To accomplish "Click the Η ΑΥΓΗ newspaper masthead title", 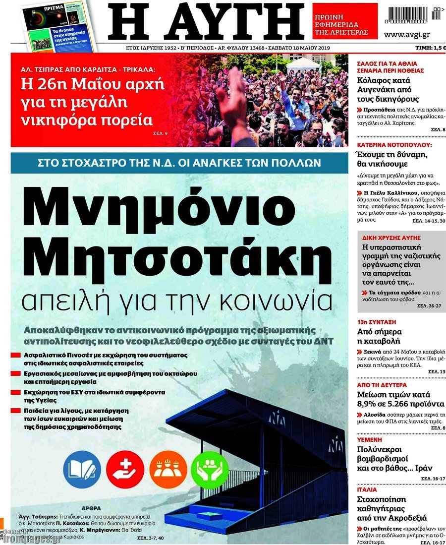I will coord(206,22).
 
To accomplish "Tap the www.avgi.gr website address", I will coord(406,34).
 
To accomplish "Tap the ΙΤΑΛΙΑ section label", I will coord(367,489).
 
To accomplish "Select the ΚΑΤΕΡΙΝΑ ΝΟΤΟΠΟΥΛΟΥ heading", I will coord(394,145).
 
